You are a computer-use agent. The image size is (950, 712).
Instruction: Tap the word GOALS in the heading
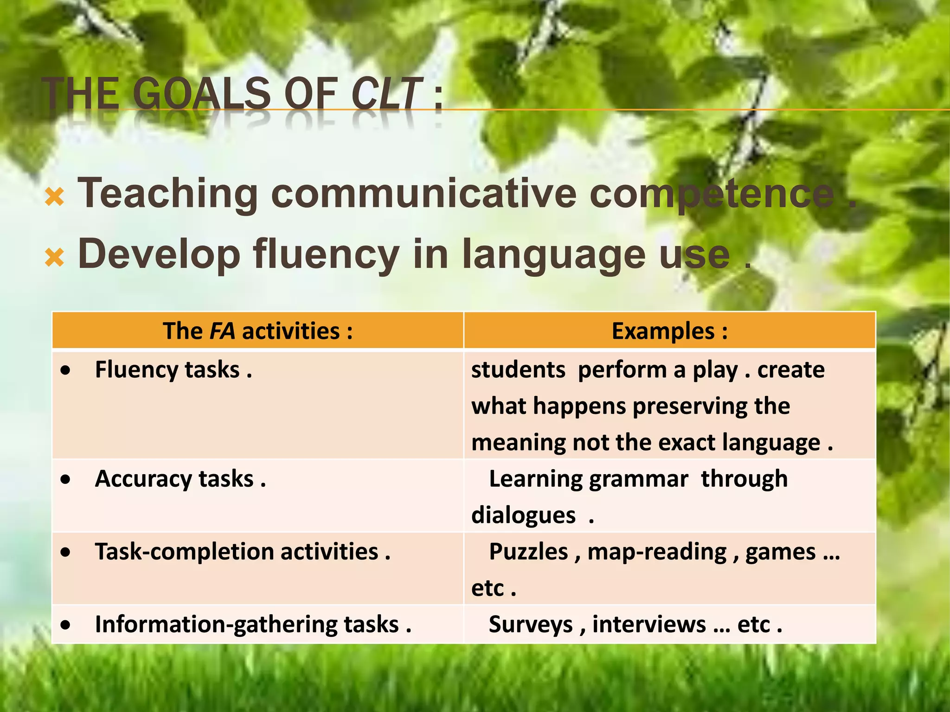tap(201, 94)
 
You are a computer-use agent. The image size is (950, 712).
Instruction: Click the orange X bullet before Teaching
tap(54, 197)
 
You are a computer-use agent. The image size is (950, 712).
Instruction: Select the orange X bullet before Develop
tap(54, 257)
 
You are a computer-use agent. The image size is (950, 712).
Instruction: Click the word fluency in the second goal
tap(326, 254)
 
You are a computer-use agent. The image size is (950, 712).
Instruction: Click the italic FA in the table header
tap(222, 331)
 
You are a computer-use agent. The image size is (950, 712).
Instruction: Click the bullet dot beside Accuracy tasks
tap(66, 480)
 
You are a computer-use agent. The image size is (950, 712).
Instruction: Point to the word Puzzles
tap(528, 552)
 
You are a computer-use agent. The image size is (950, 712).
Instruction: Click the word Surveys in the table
tap(531, 624)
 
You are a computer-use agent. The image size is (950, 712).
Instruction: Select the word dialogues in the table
tap(523, 515)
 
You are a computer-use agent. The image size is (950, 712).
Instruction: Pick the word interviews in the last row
tap(649, 624)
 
